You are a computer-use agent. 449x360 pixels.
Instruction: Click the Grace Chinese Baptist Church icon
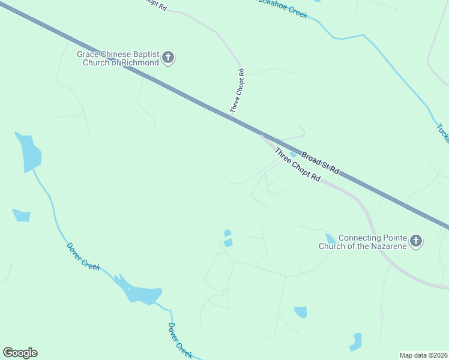click(x=168, y=58)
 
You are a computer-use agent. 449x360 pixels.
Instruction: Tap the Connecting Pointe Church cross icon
click(x=416, y=242)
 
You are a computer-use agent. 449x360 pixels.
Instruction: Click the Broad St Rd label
click(x=321, y=163)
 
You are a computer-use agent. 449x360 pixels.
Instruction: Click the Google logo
click(x=20, y=353)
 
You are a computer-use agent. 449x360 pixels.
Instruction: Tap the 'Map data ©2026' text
click(x=424, y=355)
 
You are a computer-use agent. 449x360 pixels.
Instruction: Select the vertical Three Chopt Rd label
click(x=238, y=91)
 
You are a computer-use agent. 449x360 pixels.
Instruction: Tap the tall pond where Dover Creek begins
click(x=28, y=152)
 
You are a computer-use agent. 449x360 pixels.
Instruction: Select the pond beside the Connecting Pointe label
click(x=330, y=238)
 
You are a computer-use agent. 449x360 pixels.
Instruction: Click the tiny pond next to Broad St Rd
click(x=292, y=154)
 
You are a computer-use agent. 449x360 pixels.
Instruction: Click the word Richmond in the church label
click(x=139, y=62)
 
